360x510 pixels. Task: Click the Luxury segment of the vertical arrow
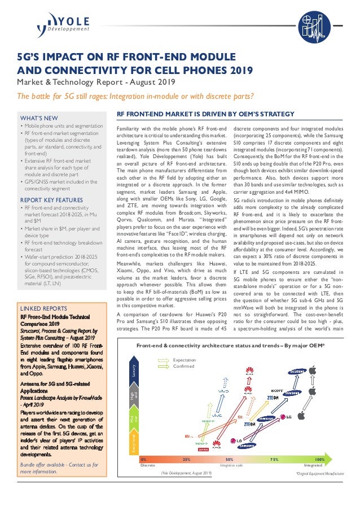click(135, 356)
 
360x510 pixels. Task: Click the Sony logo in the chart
click(276, 390)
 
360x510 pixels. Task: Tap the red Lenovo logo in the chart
click(201, 450)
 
